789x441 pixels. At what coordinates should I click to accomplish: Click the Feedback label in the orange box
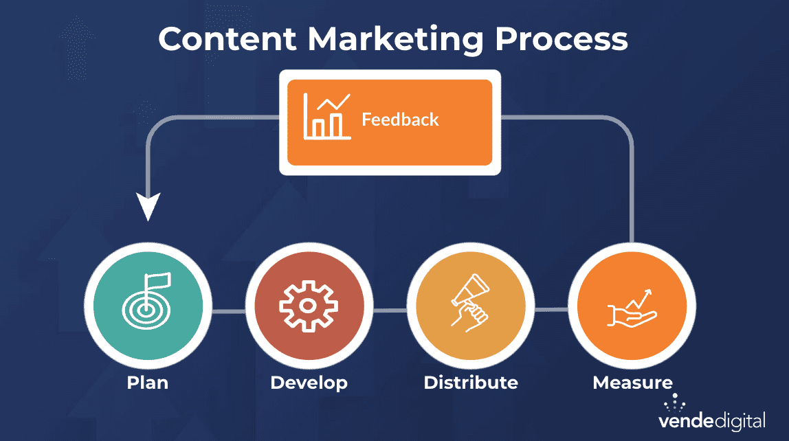400,120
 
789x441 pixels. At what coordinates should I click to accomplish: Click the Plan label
147,382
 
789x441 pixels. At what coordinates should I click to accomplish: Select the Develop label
309,382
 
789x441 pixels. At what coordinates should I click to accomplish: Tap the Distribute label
470,382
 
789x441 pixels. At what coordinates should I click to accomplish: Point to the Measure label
632,382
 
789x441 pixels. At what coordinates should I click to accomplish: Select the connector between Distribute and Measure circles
551,311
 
